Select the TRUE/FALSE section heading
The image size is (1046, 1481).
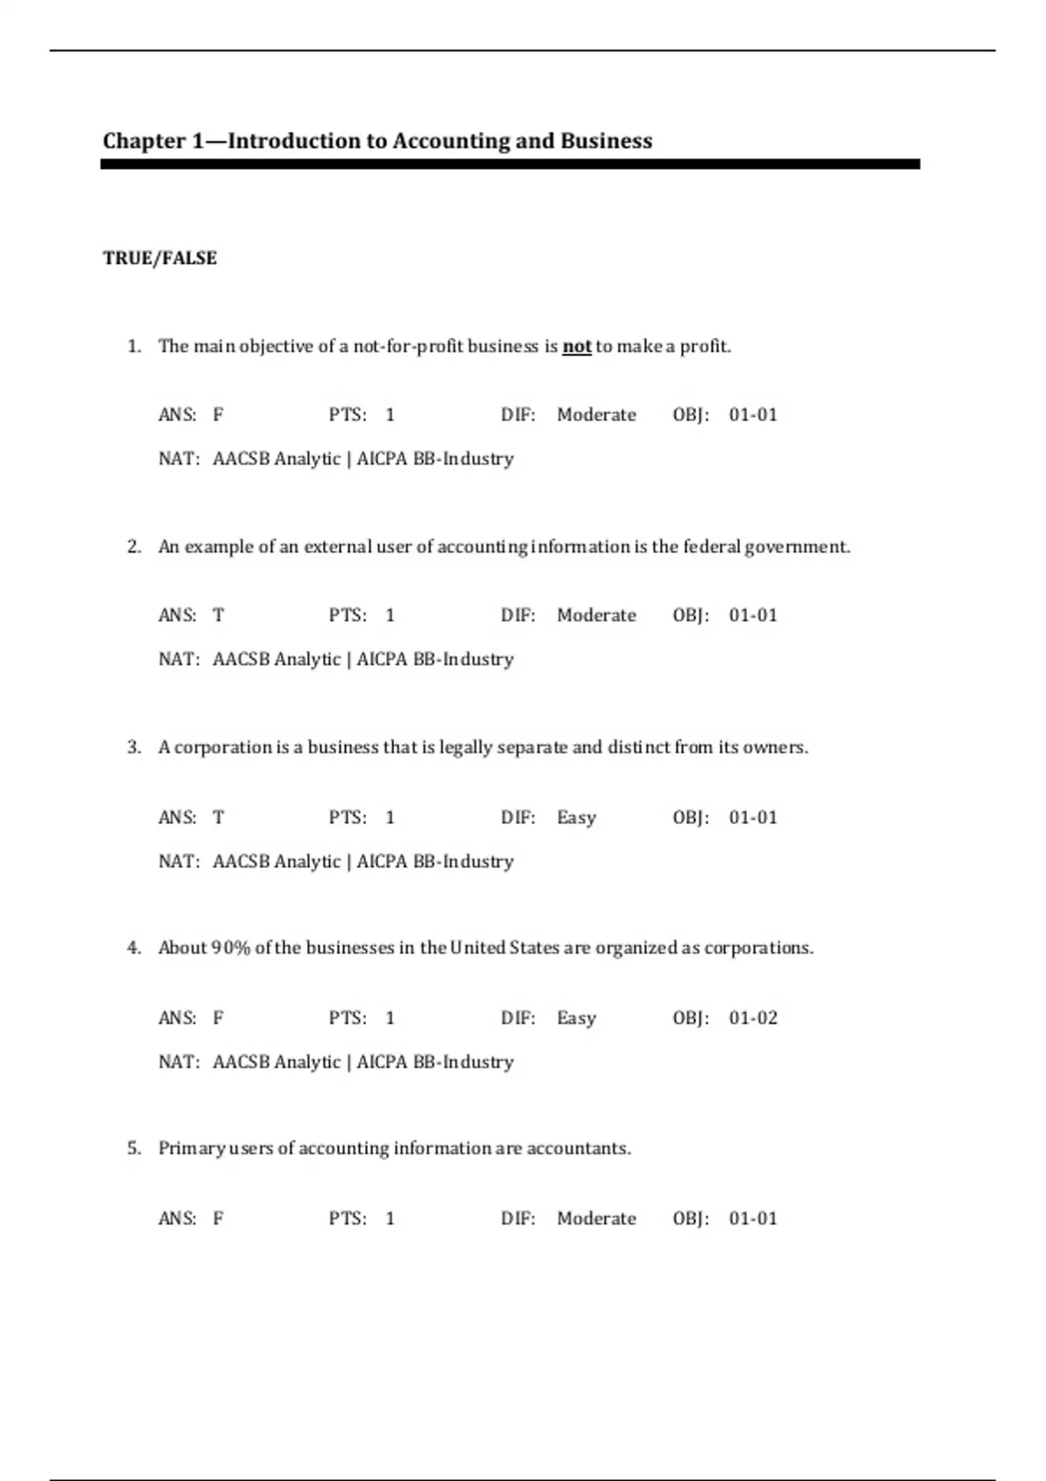point(160,258)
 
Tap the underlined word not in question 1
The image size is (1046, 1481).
point(576,347)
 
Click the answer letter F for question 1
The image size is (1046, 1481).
point(218,415)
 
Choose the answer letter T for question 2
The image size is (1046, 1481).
point(218,615)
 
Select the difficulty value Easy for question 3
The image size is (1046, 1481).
point(576,817)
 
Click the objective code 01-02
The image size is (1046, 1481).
point(753,1018)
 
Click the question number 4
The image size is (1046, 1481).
point(133,948)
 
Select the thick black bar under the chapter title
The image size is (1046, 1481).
point(510,164)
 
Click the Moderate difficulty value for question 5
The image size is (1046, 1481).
point(596,1218)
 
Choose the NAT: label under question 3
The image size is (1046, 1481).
point(179,861)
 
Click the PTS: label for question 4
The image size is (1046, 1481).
point(347,1018)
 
